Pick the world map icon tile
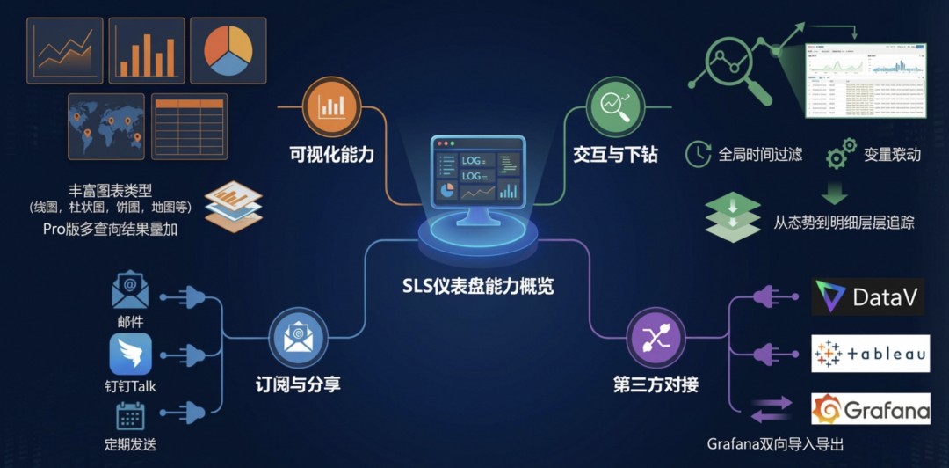[x=105, y=127]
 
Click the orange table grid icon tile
[x=189, y=126]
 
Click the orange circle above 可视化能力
[x=331, y=106]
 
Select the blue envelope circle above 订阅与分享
[x=299, y=336]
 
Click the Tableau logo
[x=869, y=354]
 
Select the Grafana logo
[x=869, y=409]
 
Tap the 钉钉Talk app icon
[x=130, y=354]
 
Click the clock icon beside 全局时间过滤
[x=699, y=153]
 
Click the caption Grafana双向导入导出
[x=781, y=443]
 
